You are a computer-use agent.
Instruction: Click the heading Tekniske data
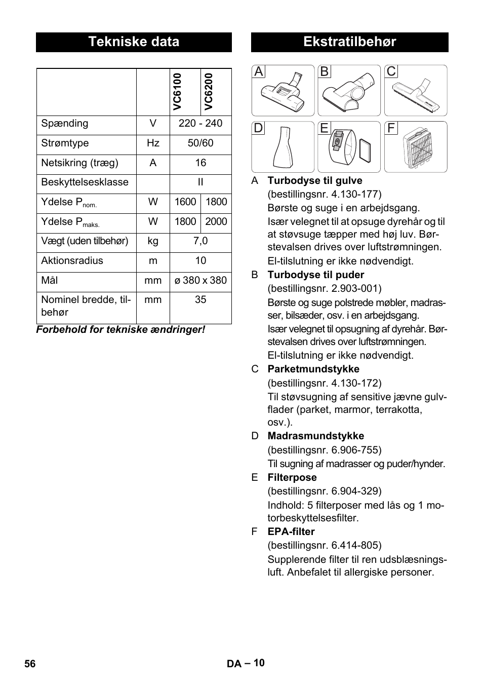tap(134, 42)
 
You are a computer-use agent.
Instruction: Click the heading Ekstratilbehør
tap(349, 42)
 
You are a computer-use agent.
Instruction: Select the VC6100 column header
tap(177, 92)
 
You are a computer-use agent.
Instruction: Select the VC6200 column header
tap(209, 92)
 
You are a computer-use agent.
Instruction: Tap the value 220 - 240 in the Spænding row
tap(200, 124)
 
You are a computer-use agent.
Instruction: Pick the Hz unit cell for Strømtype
tap(153, 143)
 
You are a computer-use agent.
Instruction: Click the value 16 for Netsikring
tap(200, 163)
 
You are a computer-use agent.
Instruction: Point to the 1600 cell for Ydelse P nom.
tap(185, 202)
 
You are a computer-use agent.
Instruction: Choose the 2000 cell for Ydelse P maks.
tap(216, 222)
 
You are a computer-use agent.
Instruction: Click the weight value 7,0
tap(200, 241)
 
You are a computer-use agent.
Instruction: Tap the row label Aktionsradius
tap(72, 261)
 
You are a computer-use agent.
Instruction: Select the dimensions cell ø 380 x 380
tap(200, 281)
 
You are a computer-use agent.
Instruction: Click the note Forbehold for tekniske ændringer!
tap(120, 330)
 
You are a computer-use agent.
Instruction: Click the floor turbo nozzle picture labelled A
tap(283, 91)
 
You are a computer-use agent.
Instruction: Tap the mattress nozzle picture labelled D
tap(283, 147)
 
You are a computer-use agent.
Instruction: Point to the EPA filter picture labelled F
tap(416, 147)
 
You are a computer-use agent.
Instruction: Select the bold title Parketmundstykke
tap(313, 369)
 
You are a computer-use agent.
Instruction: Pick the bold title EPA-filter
tap(291, 532)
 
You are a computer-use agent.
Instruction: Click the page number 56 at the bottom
tap(30, 664)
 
